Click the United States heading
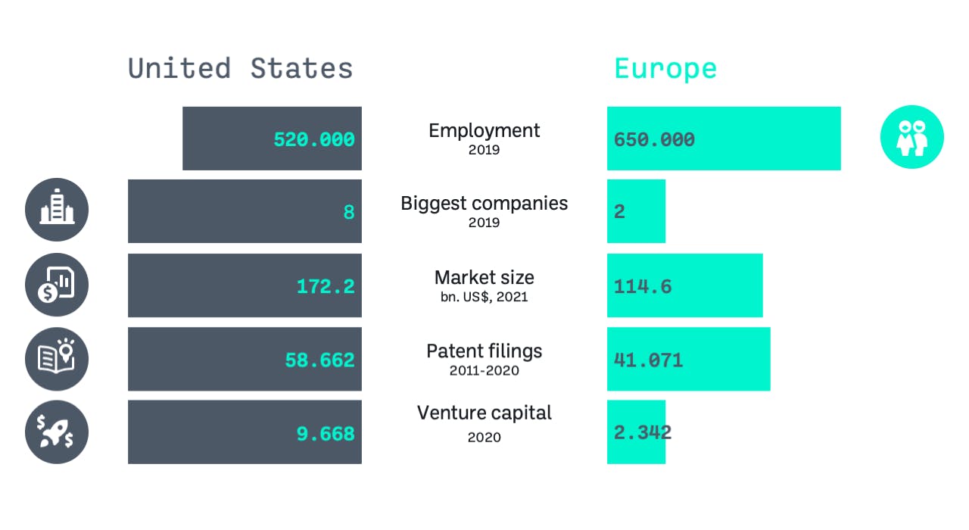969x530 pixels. pyautogui.click(x=240, y=68)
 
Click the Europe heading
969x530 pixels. pyautogui.click(x=665, y=69)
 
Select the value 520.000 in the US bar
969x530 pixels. pyautogui.click(x=313, y=139)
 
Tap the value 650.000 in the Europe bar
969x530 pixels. pyautogui.click(x=654, y=139)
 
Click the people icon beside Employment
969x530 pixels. pyautogui.click(x=911, y=137)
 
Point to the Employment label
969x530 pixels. pyautogui.click(x=484, y=130)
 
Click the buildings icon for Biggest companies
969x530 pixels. pyautogui.click(x=57, y=210)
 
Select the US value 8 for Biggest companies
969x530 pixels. pyautogui.click(x=348, y=212)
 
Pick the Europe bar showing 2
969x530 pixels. pyautogui.click(x=635, y=211)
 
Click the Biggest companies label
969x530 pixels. pyautogui.click(x=484, y=203)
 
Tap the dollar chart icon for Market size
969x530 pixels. pyautogui.click(x=57, y=285)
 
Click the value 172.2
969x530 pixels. pyautogui.click(x=325, y=286)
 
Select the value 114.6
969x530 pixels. pyautogui.click(x=643, y=286)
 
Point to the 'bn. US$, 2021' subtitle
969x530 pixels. pyautogui.click(x=484, y=297)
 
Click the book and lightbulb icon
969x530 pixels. pyautogui.click(x=57, y=359)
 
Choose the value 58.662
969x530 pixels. pyautogui.click(x=319, y=360)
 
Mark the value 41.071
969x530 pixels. pyautogui.click(x=648, y=360)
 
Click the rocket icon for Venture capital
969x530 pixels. pyautogui.click(x=57, y=432)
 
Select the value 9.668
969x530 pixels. pyautogui.click(x=325, y=434)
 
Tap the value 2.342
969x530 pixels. pyautogui.click(x=642, y=432)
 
